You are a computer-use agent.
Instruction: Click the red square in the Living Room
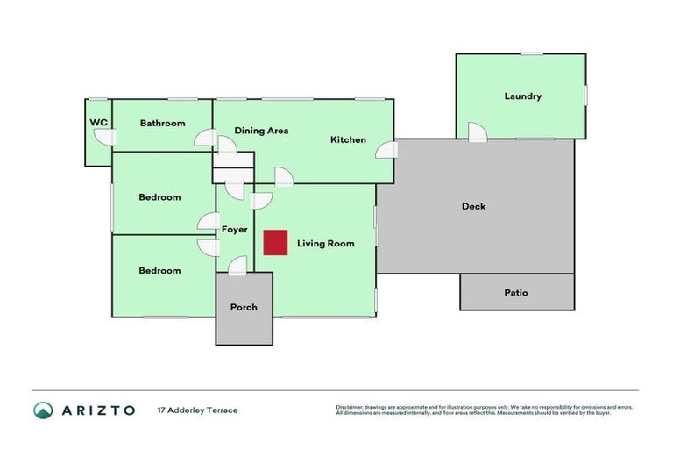tap(276, 243)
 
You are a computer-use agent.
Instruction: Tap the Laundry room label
tap(522, 96)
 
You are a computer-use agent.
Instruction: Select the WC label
tap(99, 123)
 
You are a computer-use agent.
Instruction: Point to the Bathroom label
tap(162, 124)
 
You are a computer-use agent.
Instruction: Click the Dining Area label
tap(261, 131)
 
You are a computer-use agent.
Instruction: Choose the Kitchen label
tap(348, 140)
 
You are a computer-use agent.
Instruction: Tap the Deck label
tap(473, 207)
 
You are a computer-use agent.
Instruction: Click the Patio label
tap(516, 293)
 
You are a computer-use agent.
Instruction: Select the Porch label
tap(244, 308)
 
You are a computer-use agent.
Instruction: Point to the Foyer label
tap(234, 231)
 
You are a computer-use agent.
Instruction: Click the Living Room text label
tap(325, 244)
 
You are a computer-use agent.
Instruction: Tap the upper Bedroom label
tap(159, 197)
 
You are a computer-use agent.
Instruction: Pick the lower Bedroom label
tap(159, 271)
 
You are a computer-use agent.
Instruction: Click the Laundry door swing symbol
tap(477, 132)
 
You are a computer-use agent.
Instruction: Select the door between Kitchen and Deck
tap(386, 150)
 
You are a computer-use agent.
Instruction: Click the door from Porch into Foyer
tap(237, 265)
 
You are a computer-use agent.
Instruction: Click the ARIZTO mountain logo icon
tap(43, 410)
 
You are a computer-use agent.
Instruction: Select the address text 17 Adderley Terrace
tap(197, 410)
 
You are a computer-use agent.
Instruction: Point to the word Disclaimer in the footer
tap(349, 408)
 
